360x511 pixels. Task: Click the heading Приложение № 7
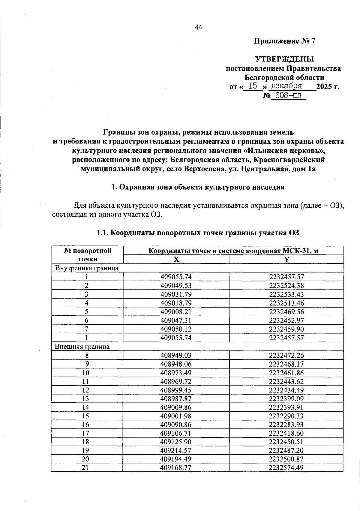pos(285,41)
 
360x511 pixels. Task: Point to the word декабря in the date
pos(286,86)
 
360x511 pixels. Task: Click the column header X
pos(176,260)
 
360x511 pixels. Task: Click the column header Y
pos(286,260)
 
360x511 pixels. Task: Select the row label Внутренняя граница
pos(87,268)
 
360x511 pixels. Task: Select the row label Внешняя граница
pos(82,347)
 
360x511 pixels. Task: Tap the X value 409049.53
pos(176,285)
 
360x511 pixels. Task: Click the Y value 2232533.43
pos(286,294)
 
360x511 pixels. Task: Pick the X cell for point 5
pos(176,311)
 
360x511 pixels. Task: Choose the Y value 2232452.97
pos(286,320)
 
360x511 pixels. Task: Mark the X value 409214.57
pos(176,450)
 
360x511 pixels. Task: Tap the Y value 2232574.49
pos(286,468)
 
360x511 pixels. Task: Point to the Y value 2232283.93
pos(286,425)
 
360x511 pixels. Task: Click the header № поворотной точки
pos(87,255)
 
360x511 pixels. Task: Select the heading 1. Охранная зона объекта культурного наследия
pos(198,187)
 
